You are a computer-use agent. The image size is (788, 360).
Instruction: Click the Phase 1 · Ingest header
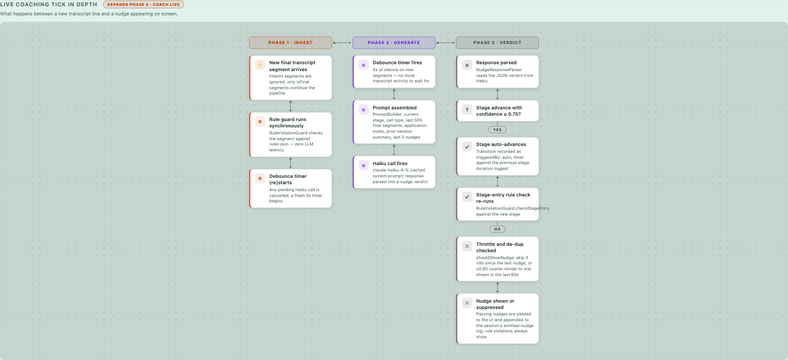click(x=290, y=42)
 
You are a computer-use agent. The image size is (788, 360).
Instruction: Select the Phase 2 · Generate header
click(x=394, y=42)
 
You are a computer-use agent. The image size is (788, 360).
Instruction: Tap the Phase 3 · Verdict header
click(x=497, y=42)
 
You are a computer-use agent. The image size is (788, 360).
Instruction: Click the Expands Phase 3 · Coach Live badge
click(x=143, y=5)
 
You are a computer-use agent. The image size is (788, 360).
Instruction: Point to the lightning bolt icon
click(x=260, y=65)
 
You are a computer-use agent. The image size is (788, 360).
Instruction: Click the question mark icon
click(x=467, y=110)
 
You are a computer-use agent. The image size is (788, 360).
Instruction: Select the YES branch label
click(x=497, y=130)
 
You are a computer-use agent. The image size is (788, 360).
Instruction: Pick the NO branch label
click(x=497, y=229)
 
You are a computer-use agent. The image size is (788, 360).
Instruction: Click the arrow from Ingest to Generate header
click(x=342, y=43)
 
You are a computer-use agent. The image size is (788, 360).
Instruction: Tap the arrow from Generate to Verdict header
click(x=446, y=43)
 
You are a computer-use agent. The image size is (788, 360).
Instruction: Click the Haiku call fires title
click(x=390, y=164)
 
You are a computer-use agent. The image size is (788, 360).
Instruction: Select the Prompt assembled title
click(x=394, y=108)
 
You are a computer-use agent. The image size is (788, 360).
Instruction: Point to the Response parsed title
click(x=496, y=63)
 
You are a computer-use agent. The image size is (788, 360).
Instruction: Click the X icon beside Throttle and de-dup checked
click(x=467, y=246)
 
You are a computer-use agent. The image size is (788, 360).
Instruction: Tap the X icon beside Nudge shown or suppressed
click(x=467, y=303)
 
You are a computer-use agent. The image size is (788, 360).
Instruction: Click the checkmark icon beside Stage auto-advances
click(x=467, y=147)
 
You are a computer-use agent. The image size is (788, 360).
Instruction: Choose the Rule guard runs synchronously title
click(x=288, y=123)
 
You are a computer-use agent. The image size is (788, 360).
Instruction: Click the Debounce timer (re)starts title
click(x=288, y=179)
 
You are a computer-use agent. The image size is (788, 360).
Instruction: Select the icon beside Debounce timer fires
click(x=363, y=65)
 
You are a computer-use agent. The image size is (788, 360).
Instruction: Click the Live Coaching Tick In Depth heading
click(x=48, y=5)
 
